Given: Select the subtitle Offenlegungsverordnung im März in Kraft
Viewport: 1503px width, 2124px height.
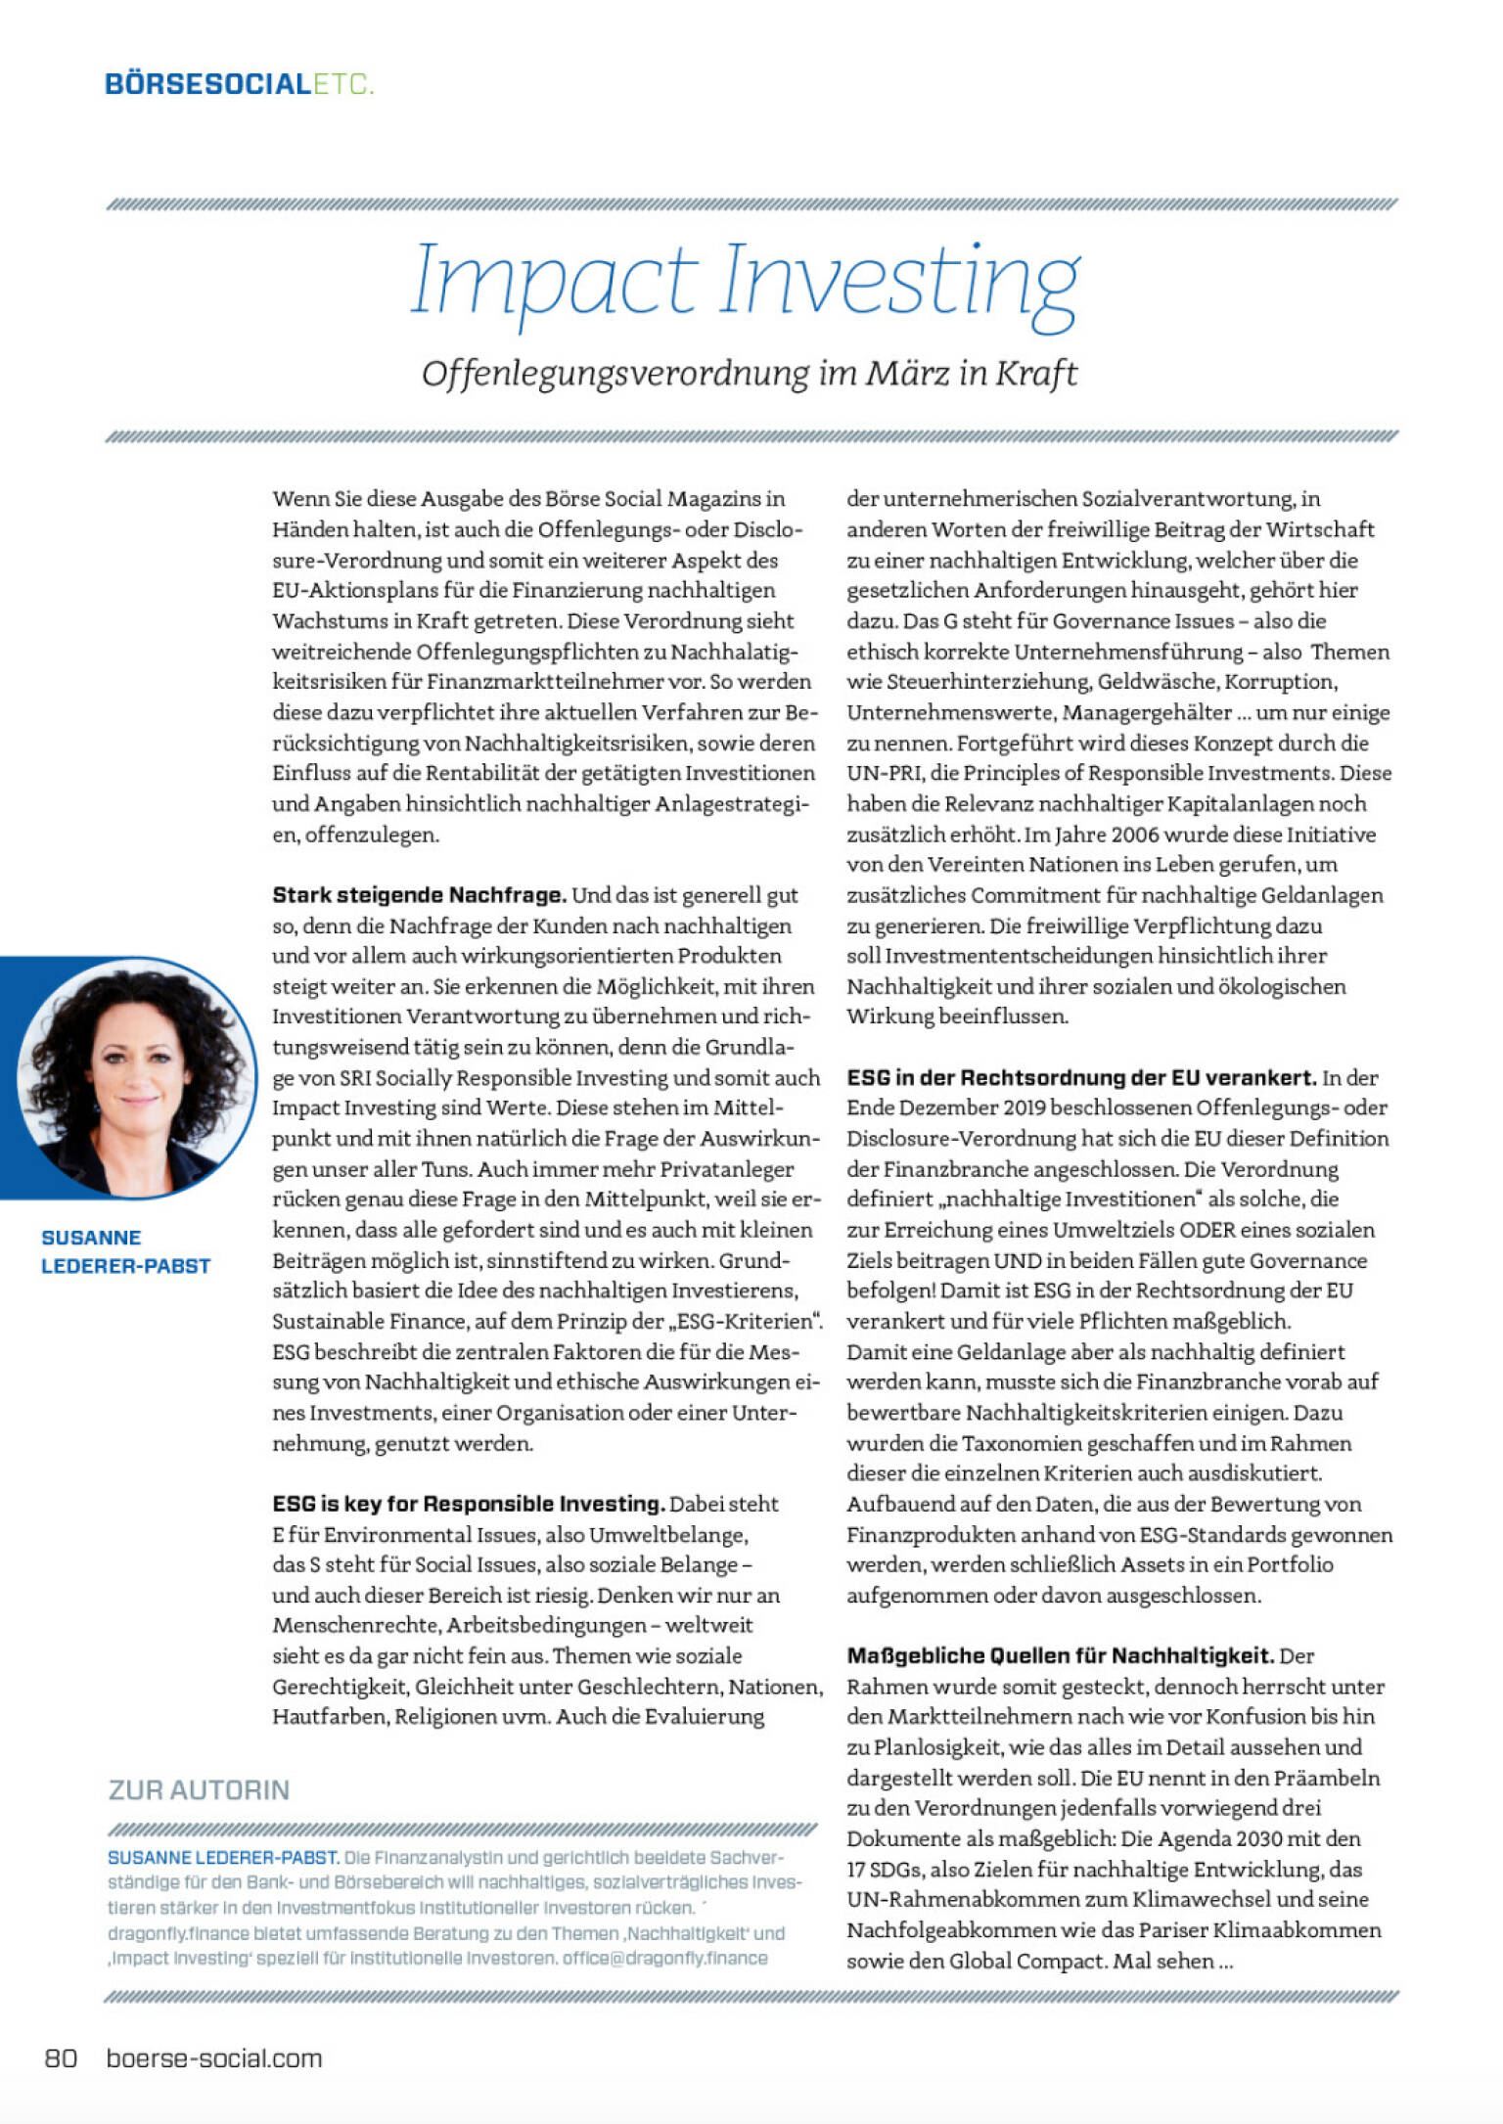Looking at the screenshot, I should pyautogui.click(x=750, y=374).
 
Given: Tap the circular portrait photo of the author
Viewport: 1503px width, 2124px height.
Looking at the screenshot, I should pyautogui.click(x=132, y=1077).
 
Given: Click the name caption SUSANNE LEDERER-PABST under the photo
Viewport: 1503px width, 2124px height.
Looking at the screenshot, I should pyautogui.click(x=125, y=1251).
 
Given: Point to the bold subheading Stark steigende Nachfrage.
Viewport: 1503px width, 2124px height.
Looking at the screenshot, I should pyautogui.click(x=419, y=895).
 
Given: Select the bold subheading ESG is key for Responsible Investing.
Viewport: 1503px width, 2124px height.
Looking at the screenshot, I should pyautogui.click(x=469, y=1504).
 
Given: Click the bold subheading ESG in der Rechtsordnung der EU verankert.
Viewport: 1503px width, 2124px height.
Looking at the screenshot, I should pyautogui.click(x=1081, y=1078).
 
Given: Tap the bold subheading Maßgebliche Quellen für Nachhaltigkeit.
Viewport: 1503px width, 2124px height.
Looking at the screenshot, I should pyautogui.click(x=1060, y=1656).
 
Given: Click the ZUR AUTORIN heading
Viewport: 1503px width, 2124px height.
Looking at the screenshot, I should pyautogui.click(x=199, y=1790).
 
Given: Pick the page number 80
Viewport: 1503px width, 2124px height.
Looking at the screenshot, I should pyautogui.click(x=61, y=2058).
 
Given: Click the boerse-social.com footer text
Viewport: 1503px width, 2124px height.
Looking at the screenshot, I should pyautogui.click(x=213, y=2058).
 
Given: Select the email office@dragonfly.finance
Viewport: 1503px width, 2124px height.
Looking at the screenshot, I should pyautogui.click(x=664, y=1959).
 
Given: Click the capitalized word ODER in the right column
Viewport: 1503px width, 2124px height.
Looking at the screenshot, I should pyautogui.click(x=1207, y=1230).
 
